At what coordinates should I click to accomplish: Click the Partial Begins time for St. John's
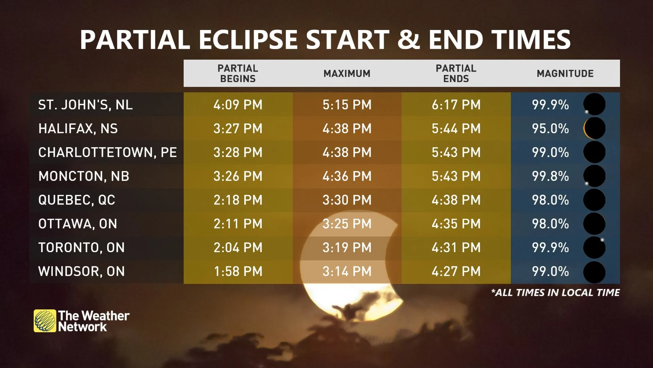[x=238, y=105]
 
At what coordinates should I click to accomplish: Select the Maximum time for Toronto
[x=347, y=247]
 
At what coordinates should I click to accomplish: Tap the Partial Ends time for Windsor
[x=456, y=271]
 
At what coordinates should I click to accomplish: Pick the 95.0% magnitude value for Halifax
[x=550, y=128]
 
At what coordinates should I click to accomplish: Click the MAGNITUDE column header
[x=565, y=74]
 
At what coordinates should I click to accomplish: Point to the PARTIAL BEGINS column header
[x=238, y=73]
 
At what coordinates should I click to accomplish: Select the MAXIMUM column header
[x=347, y=74]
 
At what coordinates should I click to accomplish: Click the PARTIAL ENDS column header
[x=456, y=73]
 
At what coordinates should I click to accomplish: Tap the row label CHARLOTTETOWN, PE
[x=107, y=152]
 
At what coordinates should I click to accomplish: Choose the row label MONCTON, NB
[x=84, y=176]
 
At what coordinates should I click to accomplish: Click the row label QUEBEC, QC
[x=77, y=200]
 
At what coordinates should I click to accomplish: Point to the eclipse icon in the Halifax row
[x=595, y=128]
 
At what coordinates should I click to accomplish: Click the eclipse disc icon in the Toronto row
[x=595, y=247]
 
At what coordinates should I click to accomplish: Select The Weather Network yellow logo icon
[x=45, y=321]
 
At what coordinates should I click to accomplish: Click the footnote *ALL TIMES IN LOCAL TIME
[x=555, y=293]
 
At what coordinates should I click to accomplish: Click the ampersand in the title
[x=409, y=39]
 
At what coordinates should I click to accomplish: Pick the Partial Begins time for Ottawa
[x=238, y=224]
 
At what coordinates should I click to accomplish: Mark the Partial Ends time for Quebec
[x=456, y=200]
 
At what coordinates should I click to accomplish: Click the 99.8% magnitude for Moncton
[x=550, y=176]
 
